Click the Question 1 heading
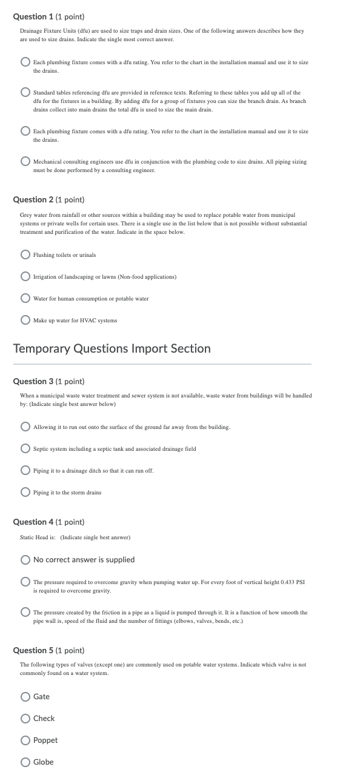click(x=48, y=17)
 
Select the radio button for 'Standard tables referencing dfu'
click(x=25, y=93)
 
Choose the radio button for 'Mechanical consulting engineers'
click(x=25, y=162)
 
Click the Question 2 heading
click(x=48, y=199)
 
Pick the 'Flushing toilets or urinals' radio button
click(x=25, y=255)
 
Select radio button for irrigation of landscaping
click(x=25, y=277)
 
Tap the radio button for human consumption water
click(x=25, y=299)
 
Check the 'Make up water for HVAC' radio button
click(x=25, y=320)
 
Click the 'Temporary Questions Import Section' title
click(x=112, y=348)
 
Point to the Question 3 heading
click(x=48, y=381)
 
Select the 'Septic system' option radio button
click(x=25, y=449)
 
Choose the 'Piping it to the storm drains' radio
click(x=25, y=493)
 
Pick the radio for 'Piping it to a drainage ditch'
click(x=25, y=471)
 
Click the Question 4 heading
click(x=48, y=522)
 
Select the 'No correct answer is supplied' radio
click(x=25, y=559)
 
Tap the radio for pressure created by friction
click(x=25, y=613)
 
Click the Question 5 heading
click(x=48, y=650)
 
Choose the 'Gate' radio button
click(x=25, y=697)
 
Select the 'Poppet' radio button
click(x=25, y=740)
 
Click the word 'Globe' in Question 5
click(x=44, y=762)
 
